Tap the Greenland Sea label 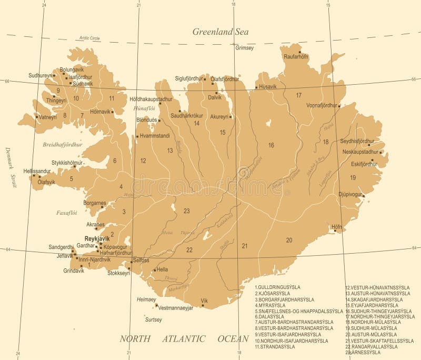(220, 32)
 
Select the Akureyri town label (220, 116)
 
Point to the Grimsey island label (244, 48)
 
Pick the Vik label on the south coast (205, 301)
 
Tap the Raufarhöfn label (296, 57)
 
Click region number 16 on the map (271, 145)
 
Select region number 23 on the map (186, 211)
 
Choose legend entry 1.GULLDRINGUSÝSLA (277, 287)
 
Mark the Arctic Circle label (89, 38)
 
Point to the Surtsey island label (153, 319)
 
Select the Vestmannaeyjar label (176, 307)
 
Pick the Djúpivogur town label (351, 194)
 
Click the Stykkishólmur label (67, 163)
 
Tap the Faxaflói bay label (67, 213)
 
